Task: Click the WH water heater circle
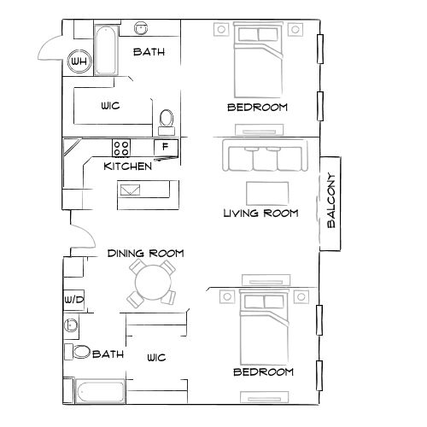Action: [x=79, y=61]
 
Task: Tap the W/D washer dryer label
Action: [x=73, y=300]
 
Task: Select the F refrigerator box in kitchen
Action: [x=166, y=148]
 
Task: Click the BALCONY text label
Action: [x=331, y=203]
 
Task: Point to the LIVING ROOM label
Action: [x=260, y=213]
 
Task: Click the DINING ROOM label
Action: [x=145, y=254]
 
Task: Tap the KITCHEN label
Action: [x=128, y=166]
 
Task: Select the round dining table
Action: [x=151, y=283]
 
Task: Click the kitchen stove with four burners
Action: [x=121, y=147]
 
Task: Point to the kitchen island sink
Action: [x=133, y=190]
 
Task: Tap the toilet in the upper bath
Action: [x=167, y=119]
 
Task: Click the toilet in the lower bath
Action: [x=80, y=352]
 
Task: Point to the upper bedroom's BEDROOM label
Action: [x=257, y=108]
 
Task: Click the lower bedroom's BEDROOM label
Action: [x=263, y=372]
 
